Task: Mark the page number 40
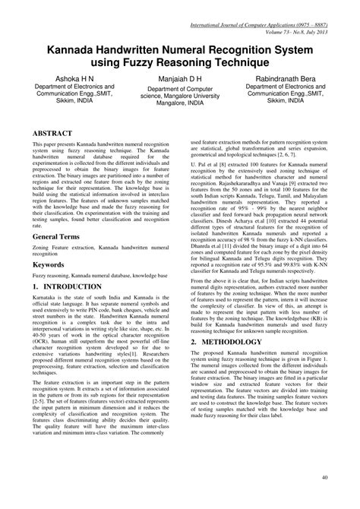pos(326,498)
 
